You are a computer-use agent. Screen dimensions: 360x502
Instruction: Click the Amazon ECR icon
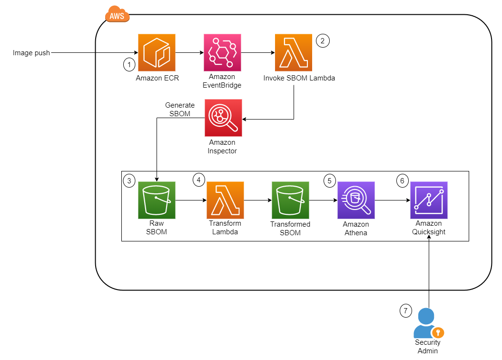pos(157,52)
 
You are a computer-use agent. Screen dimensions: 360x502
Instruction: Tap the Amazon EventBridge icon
pos(222,52)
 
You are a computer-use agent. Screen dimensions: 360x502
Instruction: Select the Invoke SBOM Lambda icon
pos(294,52)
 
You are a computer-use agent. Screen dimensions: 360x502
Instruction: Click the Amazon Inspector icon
pos(223,118)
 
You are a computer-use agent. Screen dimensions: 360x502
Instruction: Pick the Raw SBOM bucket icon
pos(157,200)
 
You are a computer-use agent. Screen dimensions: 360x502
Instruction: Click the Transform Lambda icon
pos(225,200)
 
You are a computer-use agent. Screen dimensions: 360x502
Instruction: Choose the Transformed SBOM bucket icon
pos(290,200)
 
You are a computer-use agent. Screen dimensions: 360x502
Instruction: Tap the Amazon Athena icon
pos(356,200)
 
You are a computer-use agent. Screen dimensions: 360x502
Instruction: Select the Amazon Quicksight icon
pos(429,200)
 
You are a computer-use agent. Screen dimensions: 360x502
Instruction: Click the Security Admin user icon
pos(426,324)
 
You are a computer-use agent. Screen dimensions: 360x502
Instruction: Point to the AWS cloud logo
pos(117,15)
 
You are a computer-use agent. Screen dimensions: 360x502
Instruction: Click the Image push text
pos(31,53)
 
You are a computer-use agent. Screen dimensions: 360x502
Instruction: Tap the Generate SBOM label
pos(179,109)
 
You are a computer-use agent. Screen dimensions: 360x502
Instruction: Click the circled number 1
pos(129,64)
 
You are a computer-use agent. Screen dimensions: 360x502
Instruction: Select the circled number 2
pos(322,41)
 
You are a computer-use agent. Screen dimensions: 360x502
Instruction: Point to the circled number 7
pos(405,311)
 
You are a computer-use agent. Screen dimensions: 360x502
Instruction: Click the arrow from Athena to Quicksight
pos(392,200)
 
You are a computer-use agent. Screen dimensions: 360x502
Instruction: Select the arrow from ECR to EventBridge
pos(189,53)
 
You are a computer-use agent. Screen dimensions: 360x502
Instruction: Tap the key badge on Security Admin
pos(438,332)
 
